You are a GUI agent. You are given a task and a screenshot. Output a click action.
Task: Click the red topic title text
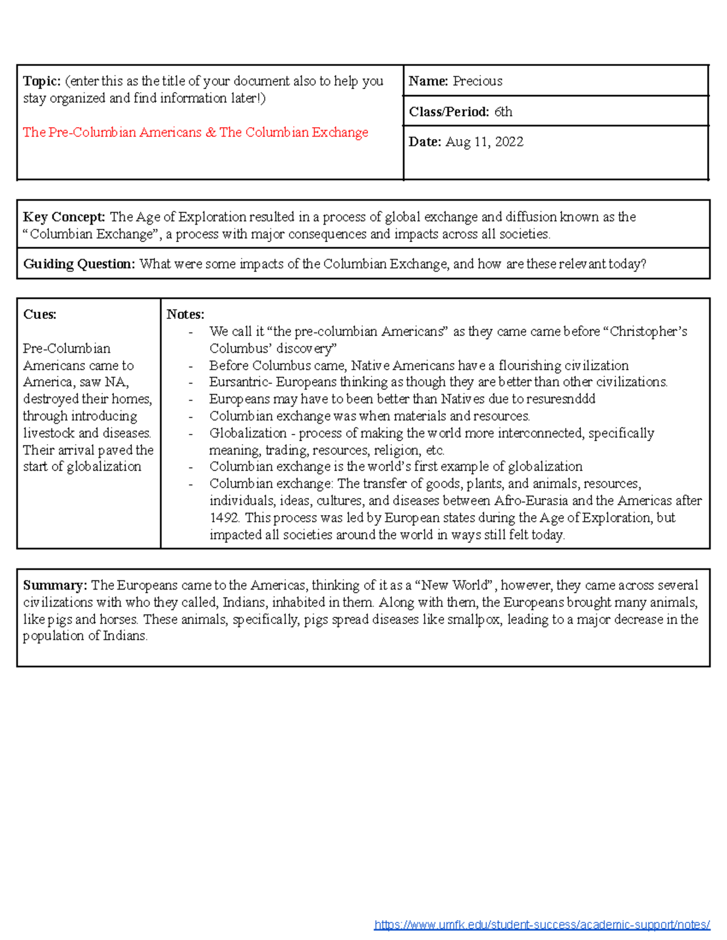coord(195,133)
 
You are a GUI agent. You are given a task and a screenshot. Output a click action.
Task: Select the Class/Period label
coord(448,112)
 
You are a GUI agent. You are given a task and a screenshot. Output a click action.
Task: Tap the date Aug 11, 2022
coord(484,142)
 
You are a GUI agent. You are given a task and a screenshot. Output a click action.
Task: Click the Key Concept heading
coord(64,217)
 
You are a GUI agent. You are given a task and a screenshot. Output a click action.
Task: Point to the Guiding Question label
coord(79,265)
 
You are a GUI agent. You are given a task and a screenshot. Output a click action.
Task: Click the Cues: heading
coord(39,315)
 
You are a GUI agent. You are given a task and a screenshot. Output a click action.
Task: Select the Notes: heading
coord(185,315)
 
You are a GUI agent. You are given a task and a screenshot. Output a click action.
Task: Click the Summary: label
coord(55,585)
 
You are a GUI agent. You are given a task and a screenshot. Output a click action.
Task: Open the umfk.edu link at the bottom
coord(542,924)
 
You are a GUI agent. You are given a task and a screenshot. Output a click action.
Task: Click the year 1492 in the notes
coord(224,518)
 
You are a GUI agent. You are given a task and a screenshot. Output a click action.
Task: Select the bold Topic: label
coord(42,81)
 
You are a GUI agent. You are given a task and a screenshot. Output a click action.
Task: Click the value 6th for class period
coord(503,112)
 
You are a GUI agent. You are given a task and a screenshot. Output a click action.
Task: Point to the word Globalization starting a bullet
coord(248,433)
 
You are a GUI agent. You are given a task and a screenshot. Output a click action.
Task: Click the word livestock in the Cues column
coord(48,433)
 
